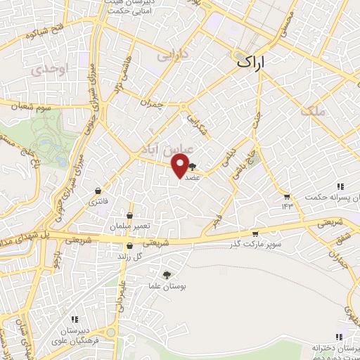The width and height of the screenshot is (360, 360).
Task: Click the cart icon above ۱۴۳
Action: [x=286, y=195]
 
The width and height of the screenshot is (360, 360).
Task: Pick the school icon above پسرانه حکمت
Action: [x=341, y=186]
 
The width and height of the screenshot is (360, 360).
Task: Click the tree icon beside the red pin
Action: [x=193, y=167]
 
